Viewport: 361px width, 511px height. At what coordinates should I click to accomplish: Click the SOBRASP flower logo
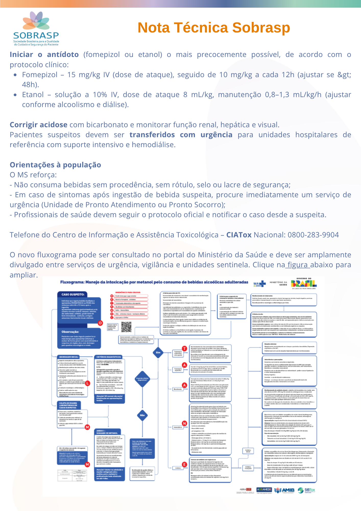coord(36,21)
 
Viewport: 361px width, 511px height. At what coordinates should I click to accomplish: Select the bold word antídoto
coord(63,55)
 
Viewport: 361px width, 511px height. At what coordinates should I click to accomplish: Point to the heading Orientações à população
coord(55,165)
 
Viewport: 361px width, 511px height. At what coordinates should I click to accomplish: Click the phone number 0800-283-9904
coord(313,235)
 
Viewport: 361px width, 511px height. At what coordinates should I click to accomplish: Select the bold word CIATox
coord(239,235)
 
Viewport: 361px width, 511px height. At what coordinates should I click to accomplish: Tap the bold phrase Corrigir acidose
coord(39,125)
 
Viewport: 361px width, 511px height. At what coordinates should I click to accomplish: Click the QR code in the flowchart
coord(126,327)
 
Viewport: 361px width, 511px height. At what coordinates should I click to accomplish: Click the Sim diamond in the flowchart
coord(158,352)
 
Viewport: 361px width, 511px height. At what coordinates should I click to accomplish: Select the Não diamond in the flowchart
coord(142,415)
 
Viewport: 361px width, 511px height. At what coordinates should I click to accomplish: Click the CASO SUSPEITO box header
coord(73,294)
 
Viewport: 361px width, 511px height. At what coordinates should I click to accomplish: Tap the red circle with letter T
coord(184,349)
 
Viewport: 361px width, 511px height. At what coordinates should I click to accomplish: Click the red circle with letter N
coord(184,424)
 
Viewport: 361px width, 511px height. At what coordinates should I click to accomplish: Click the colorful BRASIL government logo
coord(304,283)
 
